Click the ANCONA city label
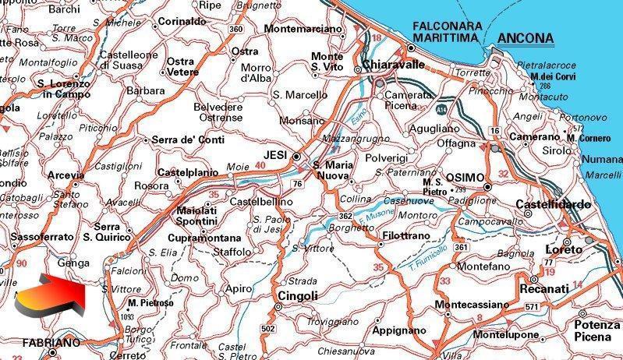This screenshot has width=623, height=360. pyautogui.click(x=525, y=38)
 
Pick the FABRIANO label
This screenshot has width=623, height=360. pyautogui.click(x=51, y=342)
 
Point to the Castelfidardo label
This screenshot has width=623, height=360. pyautogui.click(x=553, y=204)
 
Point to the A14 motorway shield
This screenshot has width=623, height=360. pyautogui.click(x=441, y=101)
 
